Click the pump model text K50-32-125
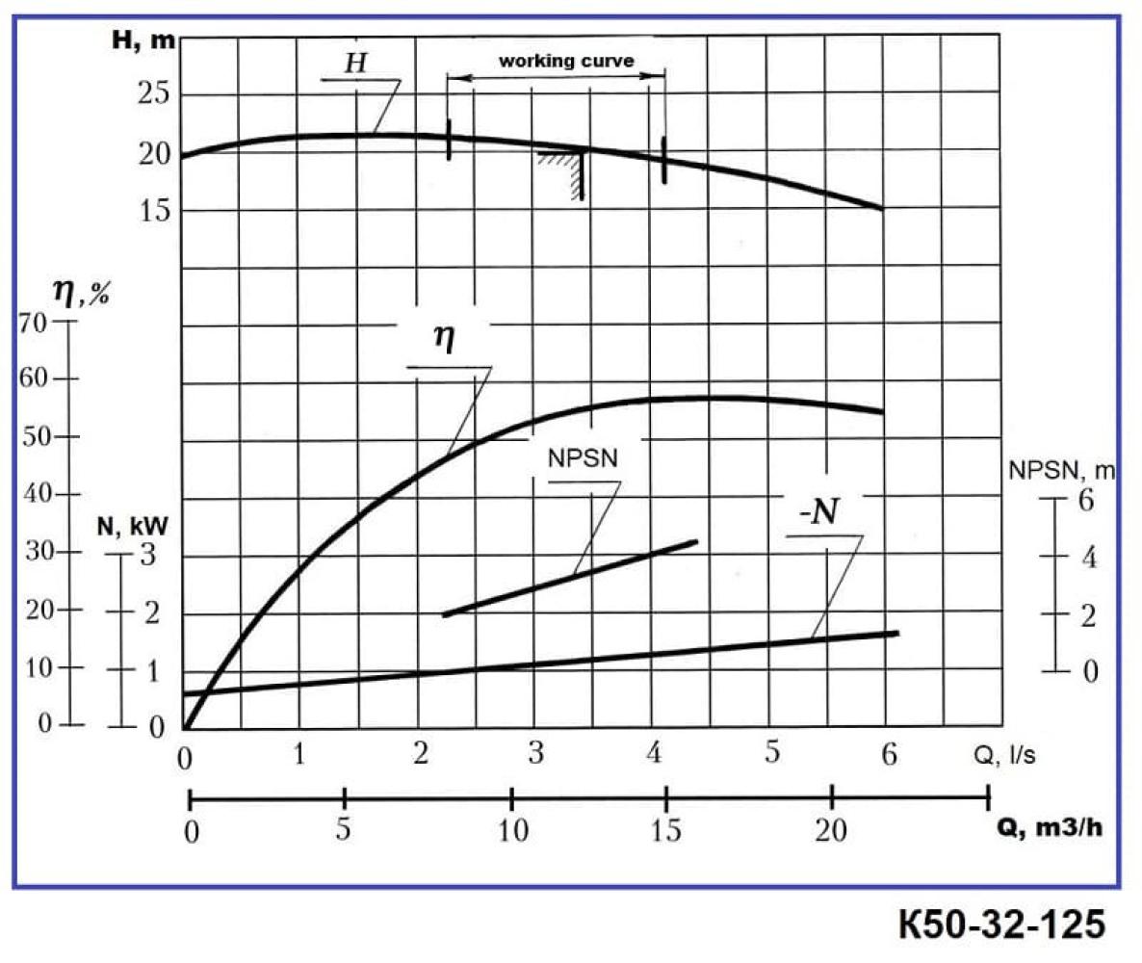(1000, 925)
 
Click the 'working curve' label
(565, 61)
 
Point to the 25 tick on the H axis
(155, 94)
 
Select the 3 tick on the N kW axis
(148, 556)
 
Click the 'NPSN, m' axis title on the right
(1062, 471)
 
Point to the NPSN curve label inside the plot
(583, 458)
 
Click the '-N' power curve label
(818, 511)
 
